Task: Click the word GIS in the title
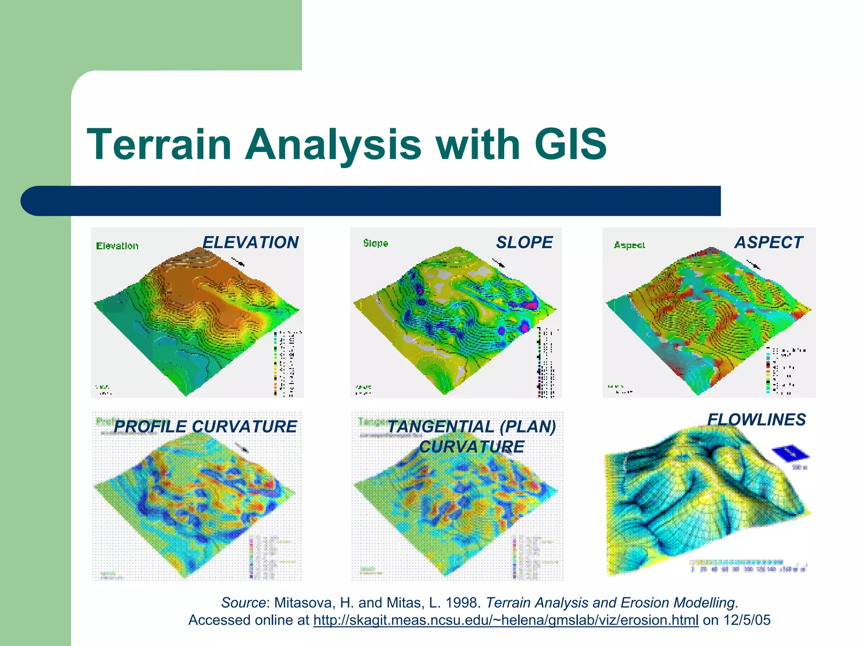coord(570,145)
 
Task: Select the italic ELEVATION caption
coord(251,243)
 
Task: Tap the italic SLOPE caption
coord(524,243)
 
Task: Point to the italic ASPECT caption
coord(769,243)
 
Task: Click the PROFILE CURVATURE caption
coord(205,427)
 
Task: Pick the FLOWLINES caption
coord(756,420)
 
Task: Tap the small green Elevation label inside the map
coord(117,246)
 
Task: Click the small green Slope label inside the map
coord(375,243)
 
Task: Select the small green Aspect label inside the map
coord(629,245)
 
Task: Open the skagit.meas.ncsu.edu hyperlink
coord(505,620)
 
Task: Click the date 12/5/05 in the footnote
coord(747,620)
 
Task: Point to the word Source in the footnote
coord(243,603)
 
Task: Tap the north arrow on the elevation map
coord(238,261)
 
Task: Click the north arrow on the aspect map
coord(753,265)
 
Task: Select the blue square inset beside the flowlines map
coord(791,454)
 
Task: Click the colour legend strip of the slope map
coord(539,363)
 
